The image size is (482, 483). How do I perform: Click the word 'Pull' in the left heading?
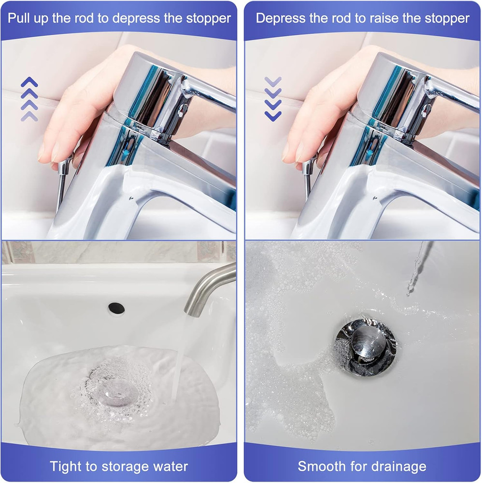(x=21, y=18)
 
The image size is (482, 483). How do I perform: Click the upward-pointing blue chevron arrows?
(x=29, y=99)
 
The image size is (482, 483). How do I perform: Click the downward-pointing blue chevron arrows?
(x=273, y=99)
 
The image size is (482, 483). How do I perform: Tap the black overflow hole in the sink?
(x=116, y=306)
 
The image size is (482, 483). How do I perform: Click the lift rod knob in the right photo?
(x=308, y=167)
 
